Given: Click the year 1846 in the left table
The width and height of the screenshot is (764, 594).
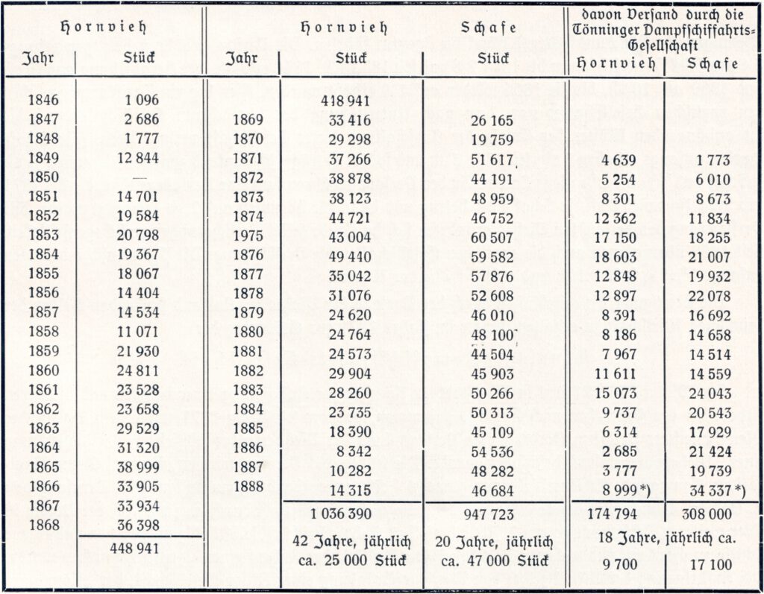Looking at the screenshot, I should (43, 99).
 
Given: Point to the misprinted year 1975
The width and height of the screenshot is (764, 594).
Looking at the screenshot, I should (249, 235).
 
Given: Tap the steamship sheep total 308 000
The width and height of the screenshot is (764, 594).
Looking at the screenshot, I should (707, 514).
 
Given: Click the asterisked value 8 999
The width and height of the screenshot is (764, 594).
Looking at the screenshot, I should (619, 488).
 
